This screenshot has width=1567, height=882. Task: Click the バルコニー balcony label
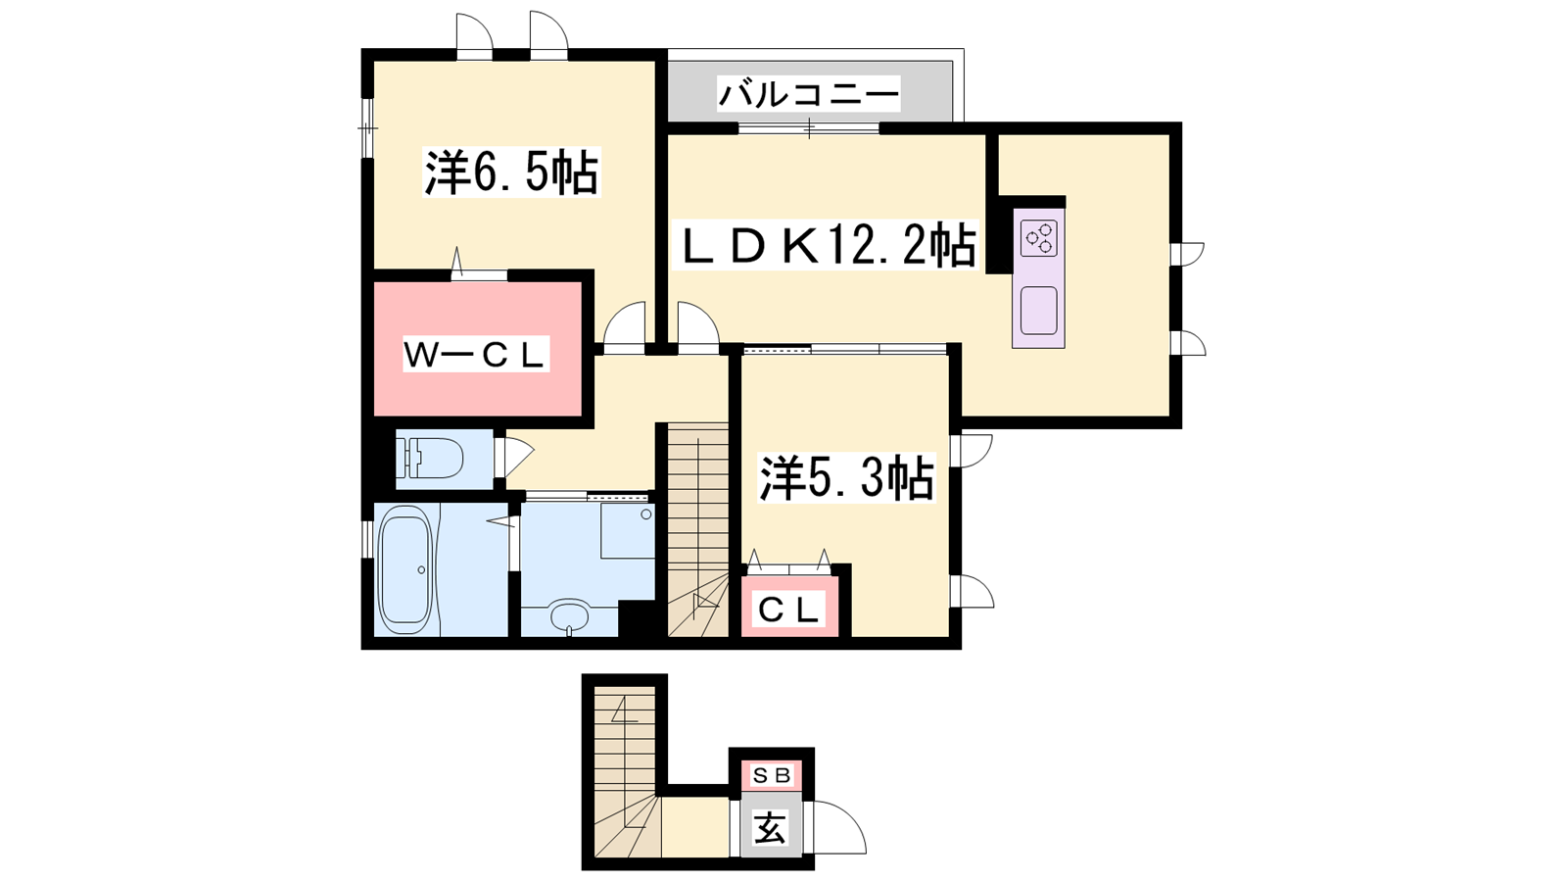click(809, 94)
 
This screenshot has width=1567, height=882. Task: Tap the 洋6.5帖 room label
click(511, 172)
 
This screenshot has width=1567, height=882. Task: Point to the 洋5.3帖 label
click(847, 479)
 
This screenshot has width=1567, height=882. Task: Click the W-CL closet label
click(474, 355)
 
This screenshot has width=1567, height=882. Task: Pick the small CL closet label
click(789, 611)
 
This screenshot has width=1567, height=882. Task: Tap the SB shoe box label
click(771, 775)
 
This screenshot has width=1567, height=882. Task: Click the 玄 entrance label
click(770, 828)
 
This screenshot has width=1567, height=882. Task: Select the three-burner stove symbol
click(1039, 237)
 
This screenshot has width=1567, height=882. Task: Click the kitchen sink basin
click(1038, 311)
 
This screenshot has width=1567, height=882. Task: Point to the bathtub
click(404, 569)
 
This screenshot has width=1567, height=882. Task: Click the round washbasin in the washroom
click(569, 617)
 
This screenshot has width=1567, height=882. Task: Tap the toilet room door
click(514, 457)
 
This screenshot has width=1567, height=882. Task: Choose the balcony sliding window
click(809, 128)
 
